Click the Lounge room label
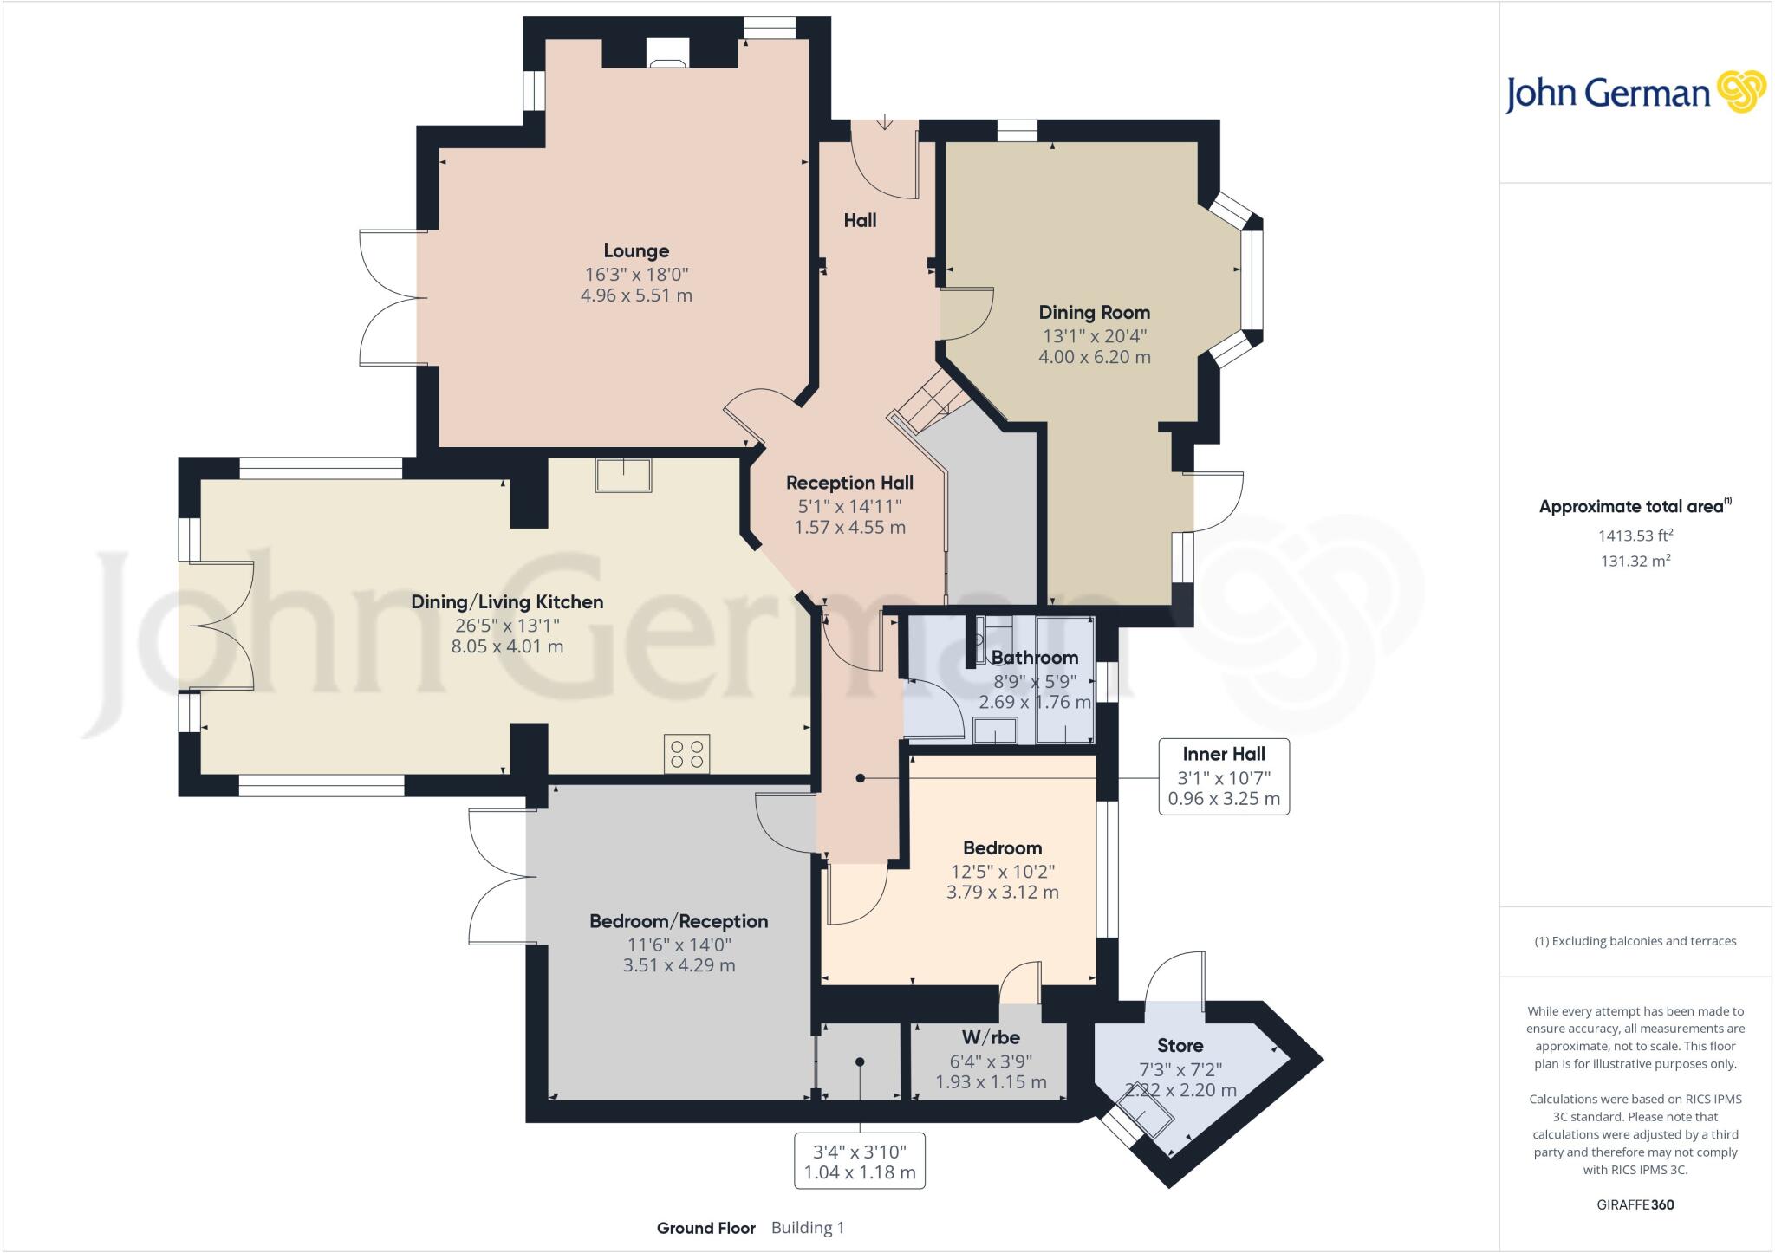coord(636,251)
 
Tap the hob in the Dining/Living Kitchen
coord(686,754)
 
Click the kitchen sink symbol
coord(623,475)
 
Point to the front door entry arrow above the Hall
coord(884,122)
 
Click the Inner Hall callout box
coord(1224,776)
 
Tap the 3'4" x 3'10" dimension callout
coord(860,1161)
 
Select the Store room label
coord(1180,1046)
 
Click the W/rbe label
coord(991,1037)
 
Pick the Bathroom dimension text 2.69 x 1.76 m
coord(1034,702)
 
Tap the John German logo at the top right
coord(1635,94)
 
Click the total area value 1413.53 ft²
coord(1635,536)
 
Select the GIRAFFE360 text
coord(1635,1204)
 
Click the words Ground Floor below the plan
coord(705,1228)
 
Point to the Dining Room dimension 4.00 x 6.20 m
coord(1094,357)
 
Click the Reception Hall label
coord(849,483)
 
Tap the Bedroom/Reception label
coord(679,921)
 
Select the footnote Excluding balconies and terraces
coord(1635,941)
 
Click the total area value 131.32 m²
coord(1635,561)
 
